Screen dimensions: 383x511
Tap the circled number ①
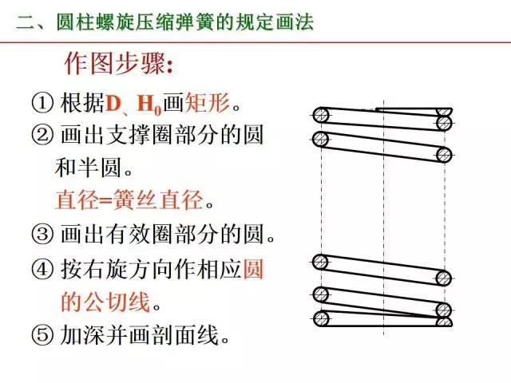pos(42,104)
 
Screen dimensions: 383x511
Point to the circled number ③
pos(42,235)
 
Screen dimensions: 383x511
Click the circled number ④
pos(42,270)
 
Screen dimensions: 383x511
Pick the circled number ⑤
pos(42,334)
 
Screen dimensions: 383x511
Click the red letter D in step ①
pos(113,104)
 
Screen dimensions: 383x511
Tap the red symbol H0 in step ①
pos(149,105)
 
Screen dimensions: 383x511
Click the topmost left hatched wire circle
pos(321,115)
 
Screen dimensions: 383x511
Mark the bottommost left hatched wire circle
pos(321,319)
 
